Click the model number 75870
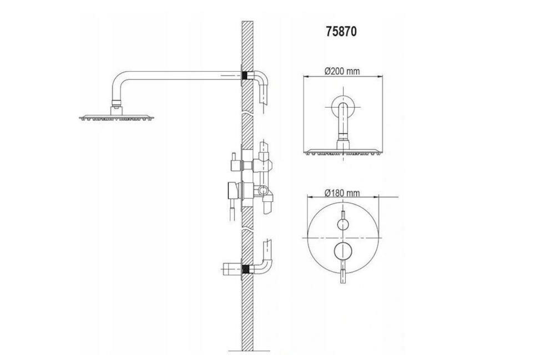tap(341, 32)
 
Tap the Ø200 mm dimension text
tap(342, 71)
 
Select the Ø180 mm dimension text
tap(342, 192)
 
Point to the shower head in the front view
tap(342, 152)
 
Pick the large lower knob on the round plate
tap(342, 251)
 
